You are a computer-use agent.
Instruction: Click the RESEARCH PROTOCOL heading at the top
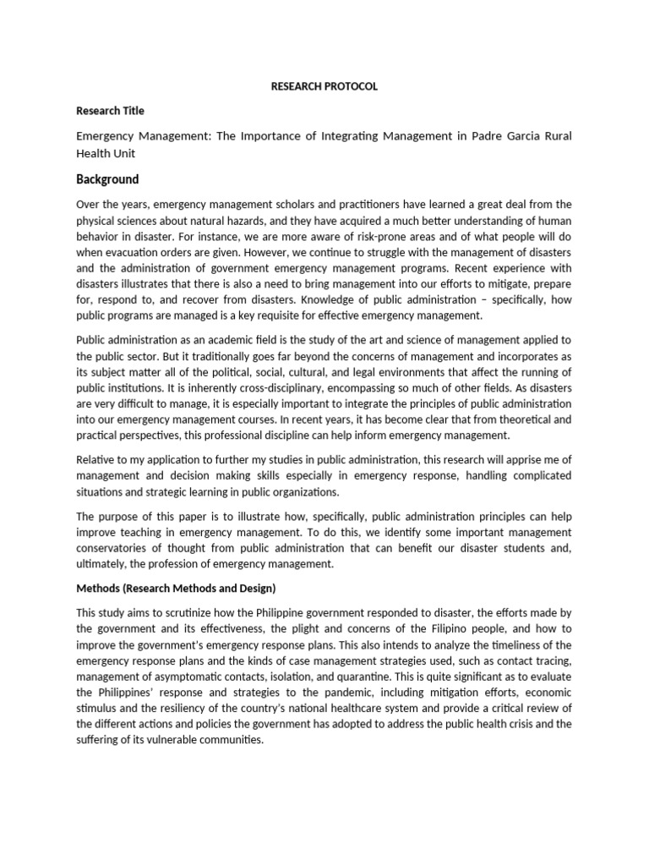(x=324, y=86)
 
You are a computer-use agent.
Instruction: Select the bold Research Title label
(x=110, y=111)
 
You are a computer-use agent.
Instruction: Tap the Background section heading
(x=107, y=179)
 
